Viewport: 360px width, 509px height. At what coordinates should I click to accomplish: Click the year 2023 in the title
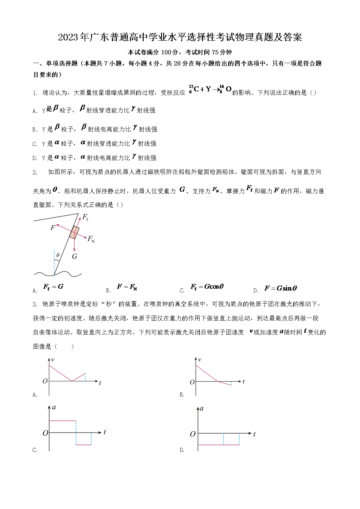point(68,38)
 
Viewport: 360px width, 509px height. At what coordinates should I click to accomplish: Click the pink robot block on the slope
point(74,232)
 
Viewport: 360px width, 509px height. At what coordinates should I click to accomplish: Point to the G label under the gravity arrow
point(75,256)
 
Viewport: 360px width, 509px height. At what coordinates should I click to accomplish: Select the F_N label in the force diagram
point(91,239)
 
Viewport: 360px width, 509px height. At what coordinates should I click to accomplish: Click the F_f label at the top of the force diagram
point(85,217)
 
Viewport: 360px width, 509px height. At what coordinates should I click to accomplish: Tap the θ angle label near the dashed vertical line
point(58,255)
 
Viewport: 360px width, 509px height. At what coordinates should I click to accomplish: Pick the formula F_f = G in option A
point(53,287)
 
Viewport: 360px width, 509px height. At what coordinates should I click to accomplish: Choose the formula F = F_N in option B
point(127,287)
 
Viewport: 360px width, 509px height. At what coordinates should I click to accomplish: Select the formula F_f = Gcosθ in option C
point(207,287)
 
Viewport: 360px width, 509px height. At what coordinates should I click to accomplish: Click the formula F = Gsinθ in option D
point(280,288)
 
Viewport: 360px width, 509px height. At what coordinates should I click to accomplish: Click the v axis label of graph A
point(53,360)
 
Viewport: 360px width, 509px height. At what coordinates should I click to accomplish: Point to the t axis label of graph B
point(243,382)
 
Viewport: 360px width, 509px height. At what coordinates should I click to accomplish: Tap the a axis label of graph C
point(54,407)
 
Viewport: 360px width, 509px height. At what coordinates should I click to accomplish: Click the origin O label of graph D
point(192,434)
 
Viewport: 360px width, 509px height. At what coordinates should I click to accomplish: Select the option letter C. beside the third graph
point(35,450)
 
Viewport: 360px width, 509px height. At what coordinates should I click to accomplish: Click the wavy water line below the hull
point(58,274)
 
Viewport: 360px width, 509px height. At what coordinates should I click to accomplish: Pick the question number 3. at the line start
point(35,305)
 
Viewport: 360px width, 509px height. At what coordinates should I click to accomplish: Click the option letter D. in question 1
point(35,158)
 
